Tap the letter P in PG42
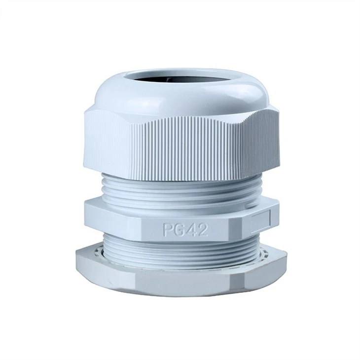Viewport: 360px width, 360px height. click(168, 230)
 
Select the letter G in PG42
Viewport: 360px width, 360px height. click(179, 230)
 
